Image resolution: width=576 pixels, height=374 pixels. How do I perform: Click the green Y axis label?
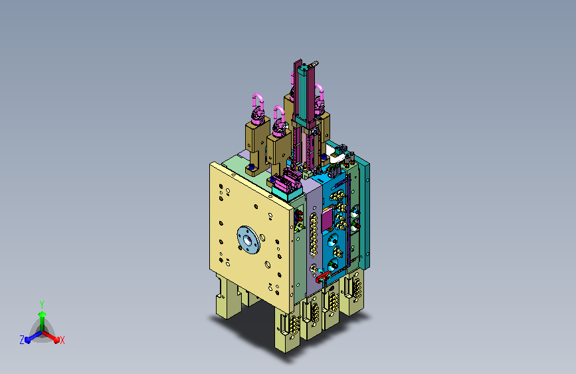point(42,304)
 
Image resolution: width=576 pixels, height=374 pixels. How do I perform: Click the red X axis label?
point(62,340)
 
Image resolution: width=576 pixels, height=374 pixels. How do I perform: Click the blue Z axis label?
point(22,340)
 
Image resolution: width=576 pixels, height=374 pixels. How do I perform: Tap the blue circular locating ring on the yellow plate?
point(248,240)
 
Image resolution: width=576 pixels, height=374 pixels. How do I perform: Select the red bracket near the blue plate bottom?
point(323,276)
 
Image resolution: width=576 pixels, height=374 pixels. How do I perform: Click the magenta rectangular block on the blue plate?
point(327,220)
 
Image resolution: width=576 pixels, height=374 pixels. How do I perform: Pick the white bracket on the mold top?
point(335,154)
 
